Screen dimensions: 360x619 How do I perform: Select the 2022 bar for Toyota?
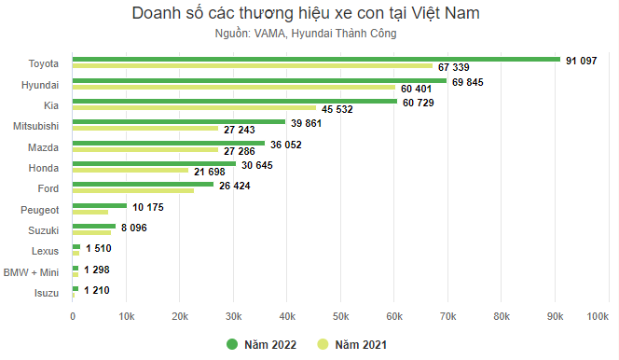(317, 59)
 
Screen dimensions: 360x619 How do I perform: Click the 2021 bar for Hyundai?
(234, 87)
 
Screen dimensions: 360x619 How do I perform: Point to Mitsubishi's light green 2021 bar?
(145, 129)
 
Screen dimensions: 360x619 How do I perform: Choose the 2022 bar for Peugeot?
(100, 205)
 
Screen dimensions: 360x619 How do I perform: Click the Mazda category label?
(44, 146)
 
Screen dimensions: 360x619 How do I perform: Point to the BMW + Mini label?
(31, 272)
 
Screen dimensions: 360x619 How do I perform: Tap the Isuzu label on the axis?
(44, 294)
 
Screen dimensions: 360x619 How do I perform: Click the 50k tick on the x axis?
(341, 317)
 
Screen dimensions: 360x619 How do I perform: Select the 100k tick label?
(597, 317)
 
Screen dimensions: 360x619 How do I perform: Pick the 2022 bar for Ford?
(144, 185)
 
